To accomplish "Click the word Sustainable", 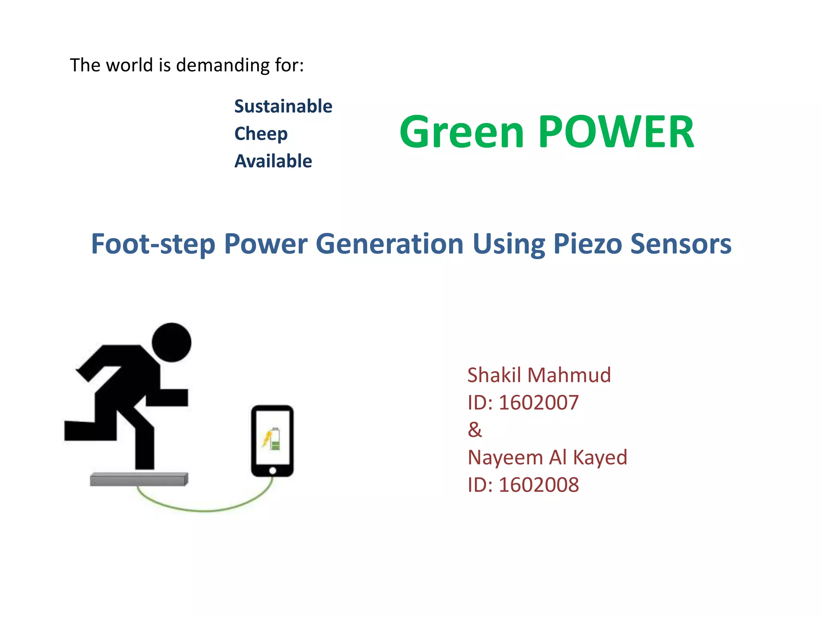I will point(283,106).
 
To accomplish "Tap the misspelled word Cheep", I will point(261,134).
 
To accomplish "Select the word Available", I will point(273,161).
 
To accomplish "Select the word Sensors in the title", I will point(681,244).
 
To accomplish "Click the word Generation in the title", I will point(389,244).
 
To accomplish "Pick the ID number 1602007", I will point(538,402).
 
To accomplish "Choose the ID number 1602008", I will point(538,485).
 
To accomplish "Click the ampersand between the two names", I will point(474,430).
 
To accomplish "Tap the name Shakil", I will point(494,375).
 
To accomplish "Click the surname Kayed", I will point(600,458).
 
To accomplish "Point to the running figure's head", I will point(172,342).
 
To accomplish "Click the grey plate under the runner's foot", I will point(139,479).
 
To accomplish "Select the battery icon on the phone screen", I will point(275,439).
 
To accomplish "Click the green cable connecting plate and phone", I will point(205,510).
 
